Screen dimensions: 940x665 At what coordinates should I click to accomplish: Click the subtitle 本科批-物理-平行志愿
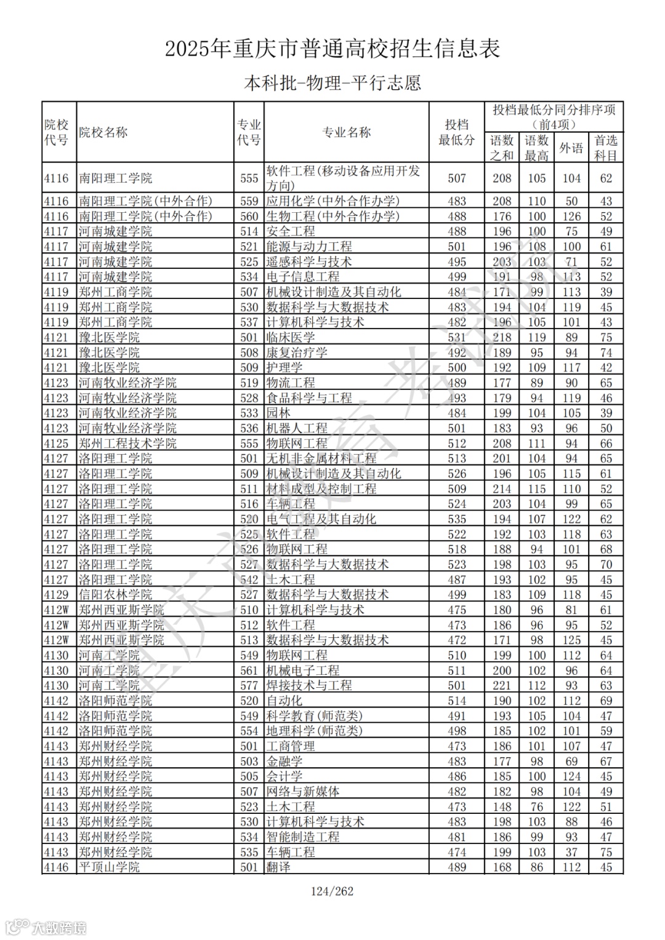click(x=332, y=83)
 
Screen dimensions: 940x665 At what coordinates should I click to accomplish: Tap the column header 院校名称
click(x=103, y=132)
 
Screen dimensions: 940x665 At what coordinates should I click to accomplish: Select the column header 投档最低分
click(x=456, y=132)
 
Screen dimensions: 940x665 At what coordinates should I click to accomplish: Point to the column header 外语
click(x=571, y=148)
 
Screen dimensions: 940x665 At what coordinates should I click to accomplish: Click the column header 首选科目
click(x=606, y=148)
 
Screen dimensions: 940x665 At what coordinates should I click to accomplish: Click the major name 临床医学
click(x=291, y=338)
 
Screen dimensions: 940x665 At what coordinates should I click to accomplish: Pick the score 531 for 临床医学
click(x=456, y=338)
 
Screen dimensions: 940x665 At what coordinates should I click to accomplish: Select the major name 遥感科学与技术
click(x=309, y=262)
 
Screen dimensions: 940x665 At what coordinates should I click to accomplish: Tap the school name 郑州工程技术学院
click(x=127, y=444)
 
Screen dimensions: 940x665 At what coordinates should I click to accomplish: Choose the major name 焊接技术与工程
click(x=309, y=685)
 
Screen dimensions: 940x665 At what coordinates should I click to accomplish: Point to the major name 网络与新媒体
click(x=303, y=792)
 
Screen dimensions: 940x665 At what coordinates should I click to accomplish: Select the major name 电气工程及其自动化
click(x=321, y=519)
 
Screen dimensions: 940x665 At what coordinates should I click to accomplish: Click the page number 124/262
click(x=332, y=891)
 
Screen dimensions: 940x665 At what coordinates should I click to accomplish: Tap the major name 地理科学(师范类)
click(x=315, y=731)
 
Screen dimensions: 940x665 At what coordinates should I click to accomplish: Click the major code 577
click(x=249, y=685)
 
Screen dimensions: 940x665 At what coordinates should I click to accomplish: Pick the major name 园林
click(x=278, y=413)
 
